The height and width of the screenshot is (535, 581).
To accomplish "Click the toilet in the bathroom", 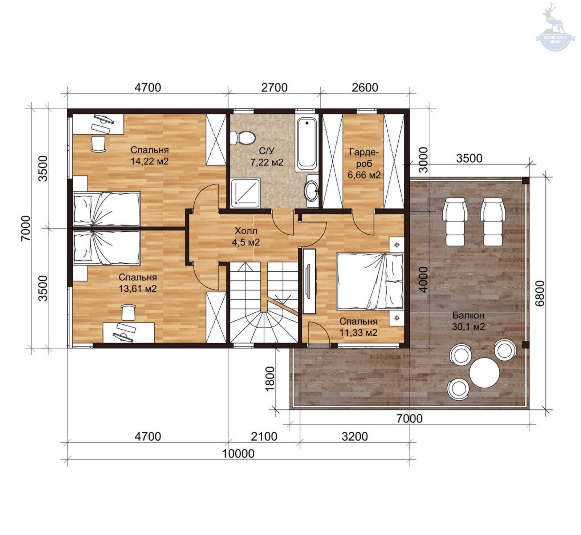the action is tap(243, 138).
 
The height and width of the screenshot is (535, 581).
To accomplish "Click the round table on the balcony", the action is tap(484, 373).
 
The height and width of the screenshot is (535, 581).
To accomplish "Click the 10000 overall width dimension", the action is tap(238, 454).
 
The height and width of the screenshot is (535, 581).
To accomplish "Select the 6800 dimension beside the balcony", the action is tap(540, 293).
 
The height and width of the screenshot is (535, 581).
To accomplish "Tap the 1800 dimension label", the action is tap(270, 379).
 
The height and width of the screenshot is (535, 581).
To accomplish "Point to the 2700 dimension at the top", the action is tap(274, 88).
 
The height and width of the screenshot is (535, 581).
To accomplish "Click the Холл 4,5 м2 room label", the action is tap(246, 236).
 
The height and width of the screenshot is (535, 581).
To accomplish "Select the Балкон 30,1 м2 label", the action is tap(468, 321).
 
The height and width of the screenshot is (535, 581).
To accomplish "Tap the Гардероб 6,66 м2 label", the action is tap(364, 163).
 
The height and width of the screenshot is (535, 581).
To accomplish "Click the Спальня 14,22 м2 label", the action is tap(150, 155).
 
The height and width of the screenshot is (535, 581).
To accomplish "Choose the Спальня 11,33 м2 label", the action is tap(358, 327).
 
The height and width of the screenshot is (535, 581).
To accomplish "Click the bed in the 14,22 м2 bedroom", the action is tap(107, 209).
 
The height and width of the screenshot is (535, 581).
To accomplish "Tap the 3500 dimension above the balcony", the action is tap(469, 158).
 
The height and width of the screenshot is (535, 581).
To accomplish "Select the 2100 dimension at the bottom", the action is tap(264, 436).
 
